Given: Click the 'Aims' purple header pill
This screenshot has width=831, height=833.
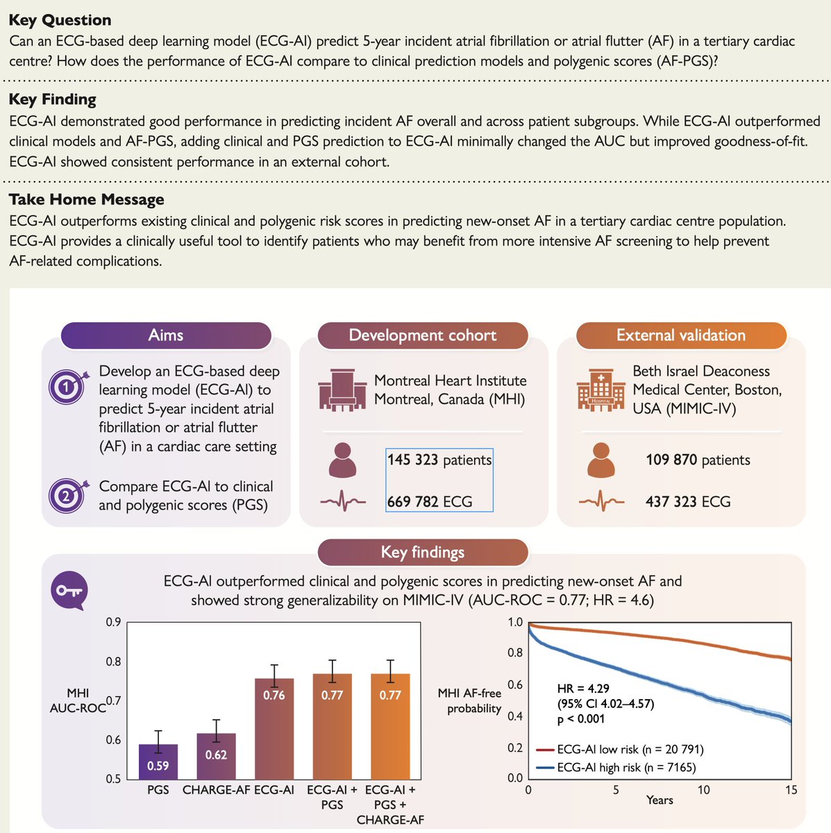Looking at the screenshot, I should [x=166, y=335].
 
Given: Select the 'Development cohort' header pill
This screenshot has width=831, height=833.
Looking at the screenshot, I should [x=423, y=335].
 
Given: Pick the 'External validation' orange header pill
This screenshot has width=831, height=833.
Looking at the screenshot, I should [x=681, y=335].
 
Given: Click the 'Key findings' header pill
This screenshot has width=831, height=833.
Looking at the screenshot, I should [x=423, y=553].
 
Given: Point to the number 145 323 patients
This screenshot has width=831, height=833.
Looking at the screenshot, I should [x=439, y=460].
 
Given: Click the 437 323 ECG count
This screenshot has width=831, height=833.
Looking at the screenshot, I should [x=688, y=501].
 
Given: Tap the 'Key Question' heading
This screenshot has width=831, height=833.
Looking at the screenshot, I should [x=60, y=21].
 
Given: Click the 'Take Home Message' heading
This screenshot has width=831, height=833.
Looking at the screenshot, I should [x=87, y=200].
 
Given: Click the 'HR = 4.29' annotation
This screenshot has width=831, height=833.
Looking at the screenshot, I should [x=584, y=689].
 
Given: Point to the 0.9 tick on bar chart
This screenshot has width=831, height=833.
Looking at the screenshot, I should [x=113, y=622].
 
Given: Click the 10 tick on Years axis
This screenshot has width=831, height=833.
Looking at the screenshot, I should [x=704, y=790].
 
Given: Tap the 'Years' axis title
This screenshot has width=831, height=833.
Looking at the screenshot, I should [x=660, y=800].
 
